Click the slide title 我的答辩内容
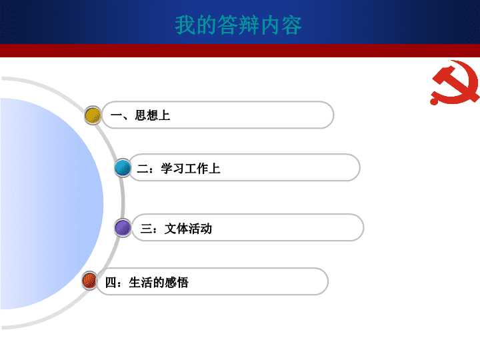pyautogui.click(x=238, y=25)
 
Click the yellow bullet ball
pyautogui.click(x=93, y=115)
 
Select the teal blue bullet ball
pyautogui.click(x=123, y=168)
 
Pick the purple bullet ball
pyautogui.click(x=123, y=228)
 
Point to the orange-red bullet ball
pyautogui.click(x=89, y=281)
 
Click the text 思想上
pyautogui.click(x=153, y=115)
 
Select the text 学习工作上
pyautogui.click(x=191, y=169)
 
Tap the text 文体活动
pyautogui.click(x=188, y=229)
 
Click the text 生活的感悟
pyautogui.click(x=159, y=282)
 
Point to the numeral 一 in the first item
pyautogui.click(x=116, y=115)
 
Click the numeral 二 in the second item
pyautogui.click(x=143, y=169)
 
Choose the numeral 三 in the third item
pyautogui.click(x=146, y=229)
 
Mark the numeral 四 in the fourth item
pyautogui.click(x=110, y=282)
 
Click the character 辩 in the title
pyautogui.click(x=249, y=25)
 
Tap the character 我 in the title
pyautogui.click(x=185, y=25)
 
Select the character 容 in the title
pyautogui.click(x=291, y=25)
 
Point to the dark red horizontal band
pyautogui.click(x=240, y=51)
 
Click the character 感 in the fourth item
pyautogui.click(x=171, y=282)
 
